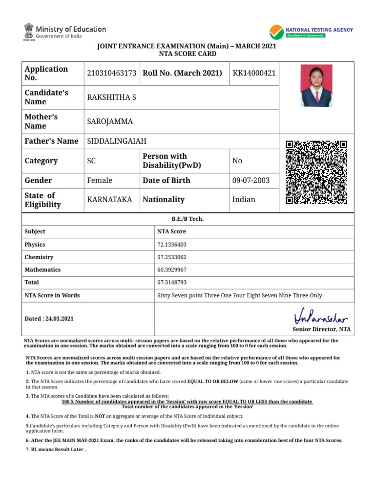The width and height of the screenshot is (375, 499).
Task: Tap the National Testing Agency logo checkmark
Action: point(276,32)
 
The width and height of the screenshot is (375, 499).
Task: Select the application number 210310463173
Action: point(112,73)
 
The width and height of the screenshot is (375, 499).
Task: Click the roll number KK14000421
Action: point(254,73)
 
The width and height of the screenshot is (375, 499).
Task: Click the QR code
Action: point(316,172)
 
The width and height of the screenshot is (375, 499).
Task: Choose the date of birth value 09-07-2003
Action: point(251,180)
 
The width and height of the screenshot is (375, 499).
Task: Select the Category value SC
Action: point(92,161)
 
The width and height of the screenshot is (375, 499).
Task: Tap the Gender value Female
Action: point(100,180)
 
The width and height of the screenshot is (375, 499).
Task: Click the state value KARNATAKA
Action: point(109,200)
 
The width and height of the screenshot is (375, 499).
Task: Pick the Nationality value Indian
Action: point(244,200)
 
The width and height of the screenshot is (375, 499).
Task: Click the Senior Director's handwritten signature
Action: point(321,318)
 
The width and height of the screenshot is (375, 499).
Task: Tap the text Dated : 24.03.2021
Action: point(49,319)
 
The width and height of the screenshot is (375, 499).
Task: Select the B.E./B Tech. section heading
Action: point(188,219)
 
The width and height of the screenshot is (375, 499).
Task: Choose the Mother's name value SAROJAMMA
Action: point(110,121)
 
